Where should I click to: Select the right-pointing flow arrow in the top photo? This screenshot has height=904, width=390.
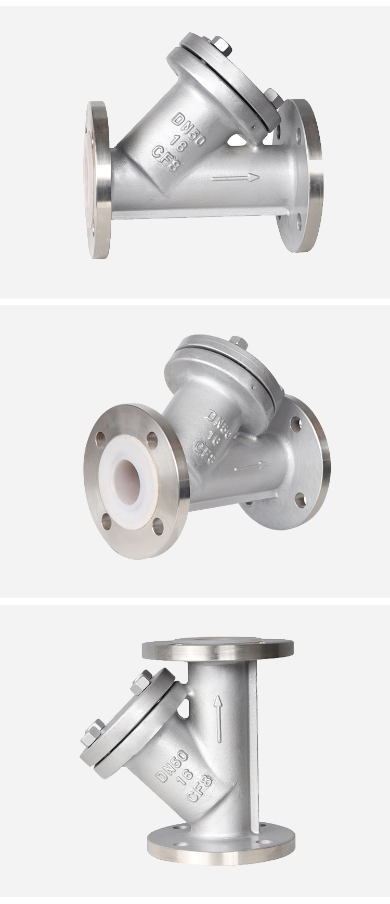pyautogui.click(x=236, y=178)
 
